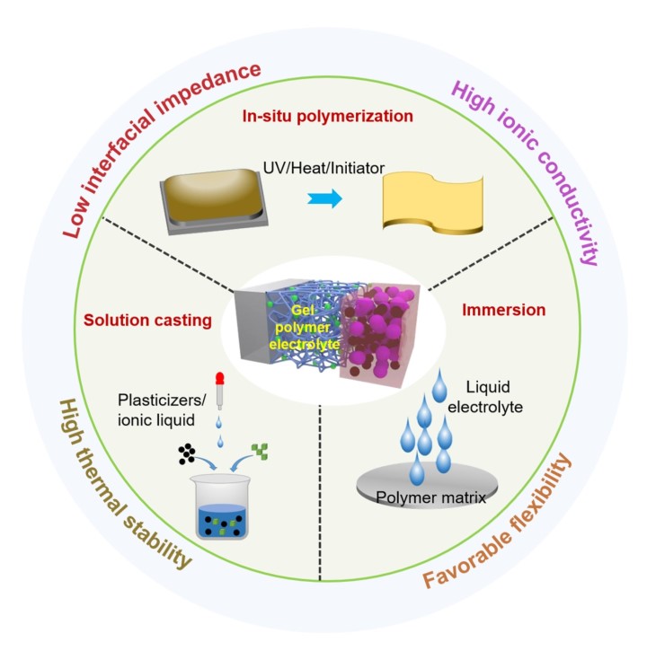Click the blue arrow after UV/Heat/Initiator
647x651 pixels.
(x=325, y=198)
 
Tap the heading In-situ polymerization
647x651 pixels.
(x=327, y=116)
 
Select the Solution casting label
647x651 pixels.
(x=147, y=321)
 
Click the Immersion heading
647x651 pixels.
(x=503, y=310)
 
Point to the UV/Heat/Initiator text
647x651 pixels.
(x=323, y=168)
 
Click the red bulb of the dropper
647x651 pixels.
(x=220, y=378)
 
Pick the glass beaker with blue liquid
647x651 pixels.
(x=221, y=506)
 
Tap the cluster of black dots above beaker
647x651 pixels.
(x=187, y=453)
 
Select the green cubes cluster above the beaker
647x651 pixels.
(x=260, y=452)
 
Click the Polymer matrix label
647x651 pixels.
(x=430, y=497)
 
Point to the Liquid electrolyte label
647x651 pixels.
(x=485, y=397)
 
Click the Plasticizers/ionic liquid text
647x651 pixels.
(x=162, y=410)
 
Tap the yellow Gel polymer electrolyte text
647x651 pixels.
(x=304, y=328)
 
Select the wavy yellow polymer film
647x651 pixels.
(x=432, y=203)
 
